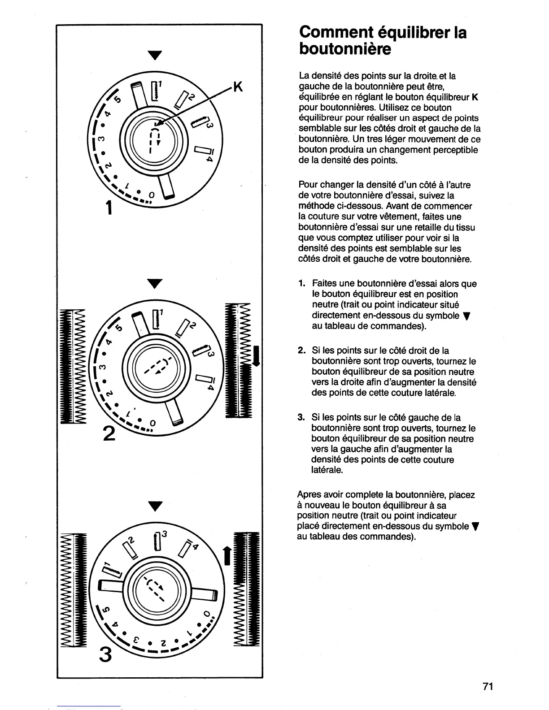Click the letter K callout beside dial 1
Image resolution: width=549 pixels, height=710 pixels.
tap(238, 87)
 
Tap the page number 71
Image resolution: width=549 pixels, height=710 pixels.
tap(488, 686)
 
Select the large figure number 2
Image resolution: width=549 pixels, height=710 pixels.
tap(109, 433)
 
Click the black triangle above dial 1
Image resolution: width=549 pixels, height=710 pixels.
tap(155, 56)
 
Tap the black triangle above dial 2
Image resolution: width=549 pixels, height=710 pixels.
tap(155, 284)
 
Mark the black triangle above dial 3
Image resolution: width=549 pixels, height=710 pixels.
tap(155, 507)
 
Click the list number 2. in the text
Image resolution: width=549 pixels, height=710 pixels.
tap(301, 351)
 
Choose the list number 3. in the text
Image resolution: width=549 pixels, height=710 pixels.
tap(301, 418)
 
